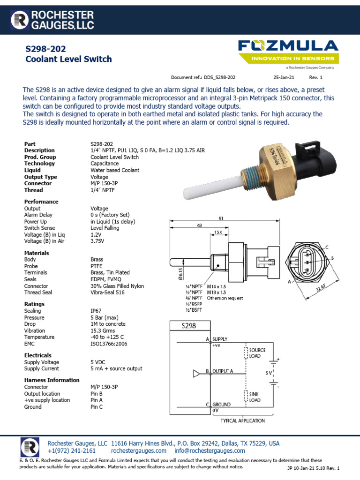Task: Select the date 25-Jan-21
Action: coord(284,77)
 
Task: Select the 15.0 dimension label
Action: coord(218,232)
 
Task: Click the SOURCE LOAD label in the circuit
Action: coord(258,353)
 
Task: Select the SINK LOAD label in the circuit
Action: coord(256,397)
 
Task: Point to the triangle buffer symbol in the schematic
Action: coord(196,374)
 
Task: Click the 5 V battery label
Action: coord(268,374)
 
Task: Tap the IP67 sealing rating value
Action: coord(97,311)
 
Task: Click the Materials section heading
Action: coord(37,253)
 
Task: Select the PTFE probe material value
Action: coord(97,266)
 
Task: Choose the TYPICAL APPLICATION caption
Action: coord(243,420)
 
